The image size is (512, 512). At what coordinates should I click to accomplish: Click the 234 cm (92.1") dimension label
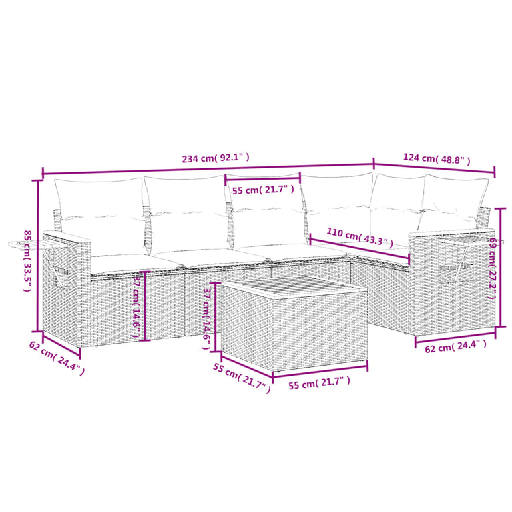coord(216,158)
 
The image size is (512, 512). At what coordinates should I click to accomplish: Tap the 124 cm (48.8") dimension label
coord(437,159)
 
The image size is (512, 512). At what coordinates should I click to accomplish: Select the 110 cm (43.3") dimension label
coord(360,236)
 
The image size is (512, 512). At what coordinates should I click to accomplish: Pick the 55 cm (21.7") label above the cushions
coord(263,190)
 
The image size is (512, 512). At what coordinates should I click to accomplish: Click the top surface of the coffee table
coord(294,290)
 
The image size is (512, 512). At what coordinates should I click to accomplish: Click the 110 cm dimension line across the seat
coord(360,248)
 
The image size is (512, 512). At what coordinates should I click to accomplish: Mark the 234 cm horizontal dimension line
coord(208,168)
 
